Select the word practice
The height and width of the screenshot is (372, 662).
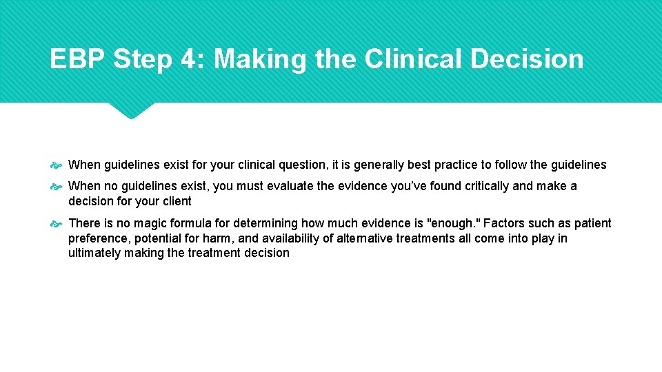pyautogui.click(x=456, y=165)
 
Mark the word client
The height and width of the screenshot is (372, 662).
pyautogui.click(x=175, y=201)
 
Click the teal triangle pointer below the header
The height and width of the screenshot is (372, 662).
pyautogui.click(x=132, y=110)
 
